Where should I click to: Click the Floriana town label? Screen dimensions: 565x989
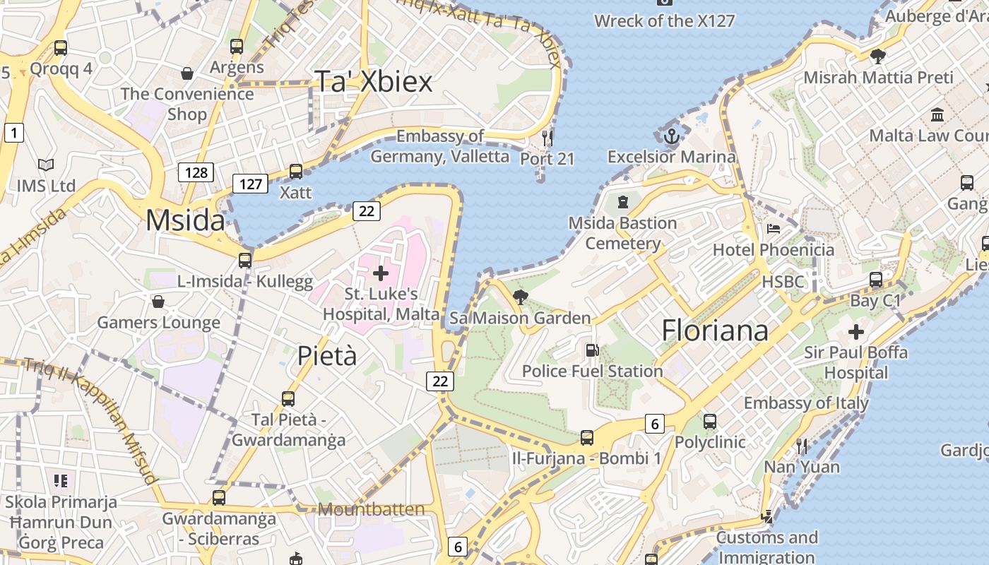point(715,331)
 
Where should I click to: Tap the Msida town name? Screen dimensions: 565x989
point(185,221)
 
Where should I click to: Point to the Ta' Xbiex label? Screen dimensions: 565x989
point(373,82)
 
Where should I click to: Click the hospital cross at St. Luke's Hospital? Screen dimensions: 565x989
point(381,273)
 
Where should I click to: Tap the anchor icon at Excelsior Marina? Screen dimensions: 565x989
point(671,136)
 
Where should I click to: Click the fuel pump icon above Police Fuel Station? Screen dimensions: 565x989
point(592,350)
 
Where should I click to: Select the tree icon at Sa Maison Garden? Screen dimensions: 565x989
point(521,297)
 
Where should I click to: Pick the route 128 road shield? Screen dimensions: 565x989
point(196,172)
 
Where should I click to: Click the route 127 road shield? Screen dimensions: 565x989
point(250,184)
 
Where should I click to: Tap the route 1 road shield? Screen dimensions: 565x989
point(13,132)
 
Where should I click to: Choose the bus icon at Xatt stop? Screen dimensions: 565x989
point(296,172)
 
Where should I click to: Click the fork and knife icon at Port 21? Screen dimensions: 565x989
point(547,137)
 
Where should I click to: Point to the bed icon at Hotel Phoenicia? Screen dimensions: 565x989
point(774,229)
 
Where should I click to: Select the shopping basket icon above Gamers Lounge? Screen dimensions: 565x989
point(158,302)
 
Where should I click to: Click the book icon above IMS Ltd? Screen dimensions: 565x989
point(46,165)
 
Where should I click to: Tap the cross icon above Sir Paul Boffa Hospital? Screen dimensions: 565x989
point(856,331)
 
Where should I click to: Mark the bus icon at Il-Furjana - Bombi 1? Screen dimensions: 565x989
point(587,438)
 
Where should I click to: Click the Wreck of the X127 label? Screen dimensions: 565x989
point(664,20)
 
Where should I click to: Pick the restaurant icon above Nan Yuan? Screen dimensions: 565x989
point(802,446)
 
